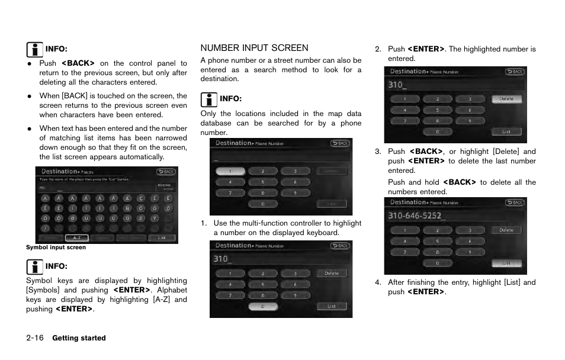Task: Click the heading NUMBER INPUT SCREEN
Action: click(254, 48)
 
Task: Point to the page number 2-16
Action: click(35, 338)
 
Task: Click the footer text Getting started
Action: click(79, 338)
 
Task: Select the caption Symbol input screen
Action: click(56, 247)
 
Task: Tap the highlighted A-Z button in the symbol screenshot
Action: click(76, 237)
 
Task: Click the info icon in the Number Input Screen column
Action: click(208, 98)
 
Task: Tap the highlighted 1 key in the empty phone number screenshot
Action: click(223, 171)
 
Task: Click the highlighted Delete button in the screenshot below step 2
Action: click(506, 99)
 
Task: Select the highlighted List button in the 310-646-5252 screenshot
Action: click(506, 263)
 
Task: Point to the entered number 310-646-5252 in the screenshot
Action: click(418, 216)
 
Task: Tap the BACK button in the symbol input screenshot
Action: click(165, 172)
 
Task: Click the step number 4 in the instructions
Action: click(377, 282)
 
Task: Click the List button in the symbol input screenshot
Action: click(161, 237)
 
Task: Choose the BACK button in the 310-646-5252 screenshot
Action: click(514, 202)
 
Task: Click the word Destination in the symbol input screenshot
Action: click(59, 172)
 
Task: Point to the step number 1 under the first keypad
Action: click(203, 223)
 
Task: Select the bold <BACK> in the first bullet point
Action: click(78, 63)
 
